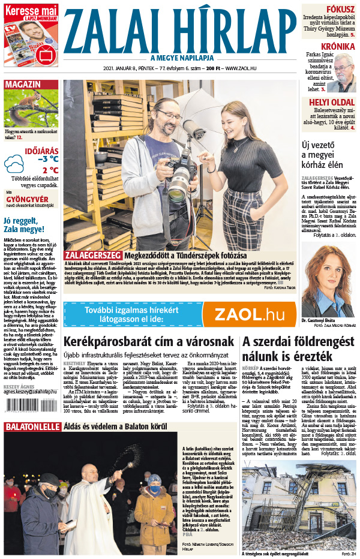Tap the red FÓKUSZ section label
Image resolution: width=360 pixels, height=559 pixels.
click(340, 10)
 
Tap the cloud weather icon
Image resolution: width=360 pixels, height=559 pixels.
click(14, 164)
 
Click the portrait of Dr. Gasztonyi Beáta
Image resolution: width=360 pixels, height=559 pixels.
click(327, 282)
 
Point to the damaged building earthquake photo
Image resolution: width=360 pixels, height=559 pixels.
click(300, 504)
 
